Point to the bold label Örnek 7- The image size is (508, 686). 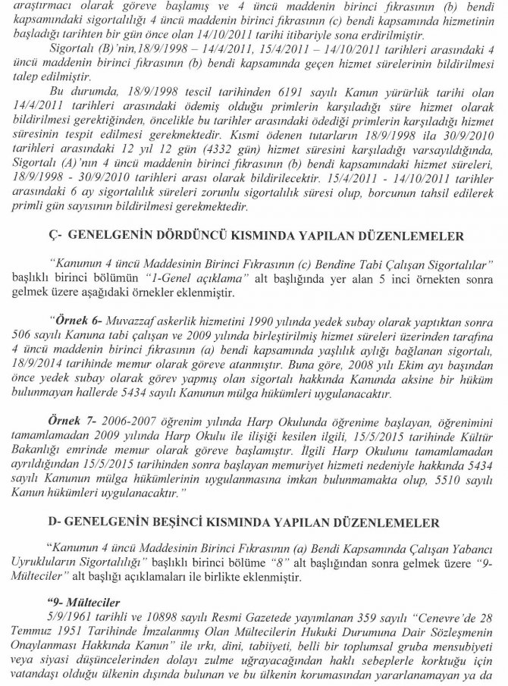pos(77,427)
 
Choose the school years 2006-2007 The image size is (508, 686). pos(129,427)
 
